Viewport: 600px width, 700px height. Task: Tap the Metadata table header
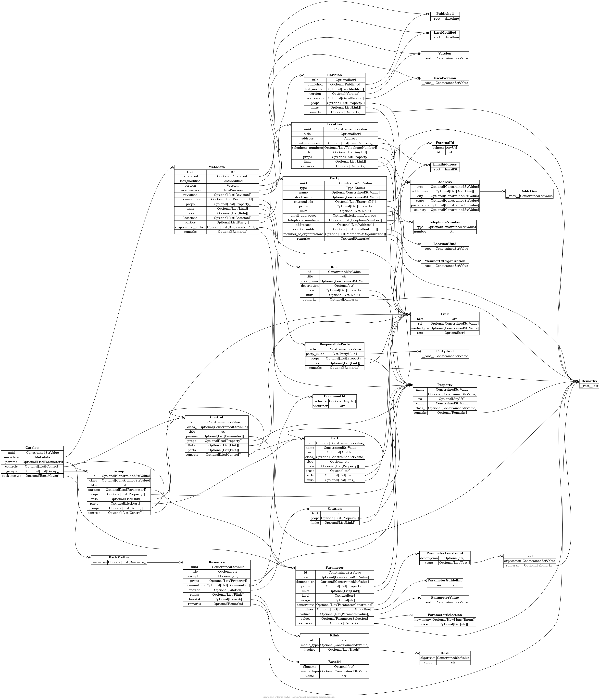pyautogui.click(x=216, y=167)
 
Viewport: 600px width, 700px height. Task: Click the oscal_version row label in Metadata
pyautogui.click(x=190, y=190)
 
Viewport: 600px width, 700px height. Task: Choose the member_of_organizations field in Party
pyautogui.click(x=303, y=234)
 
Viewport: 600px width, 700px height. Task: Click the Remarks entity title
pyautogui.click(x=589, y=381)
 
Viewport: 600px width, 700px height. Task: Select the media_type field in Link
pyautogui.click(x=420, y=328)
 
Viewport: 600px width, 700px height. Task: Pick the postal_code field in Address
pyautogui.click(x=420, y=205)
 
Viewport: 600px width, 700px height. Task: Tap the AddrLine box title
pyautogui.click(x=529, y=191)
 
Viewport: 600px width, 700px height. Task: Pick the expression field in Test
pyautogui.click(x=512, y=561)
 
